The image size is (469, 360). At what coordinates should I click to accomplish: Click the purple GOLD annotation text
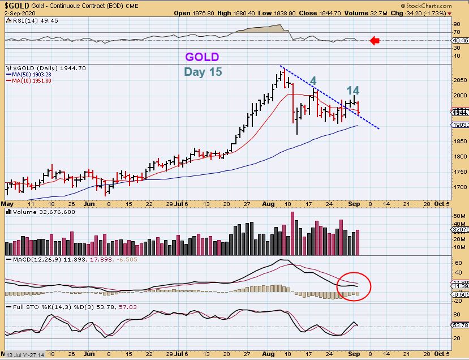pyautogui.click(x=202, y=57)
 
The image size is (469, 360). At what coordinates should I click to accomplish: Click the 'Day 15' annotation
pyautogui.click(x=203, y=72)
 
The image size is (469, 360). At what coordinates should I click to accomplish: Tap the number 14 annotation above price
pyautogui.click(x=353, y=91)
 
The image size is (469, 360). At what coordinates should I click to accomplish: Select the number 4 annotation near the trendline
pyautogui.click(x=313, y=81)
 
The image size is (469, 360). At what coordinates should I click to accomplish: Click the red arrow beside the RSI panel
pyautogui.click(x=375, y=40)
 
